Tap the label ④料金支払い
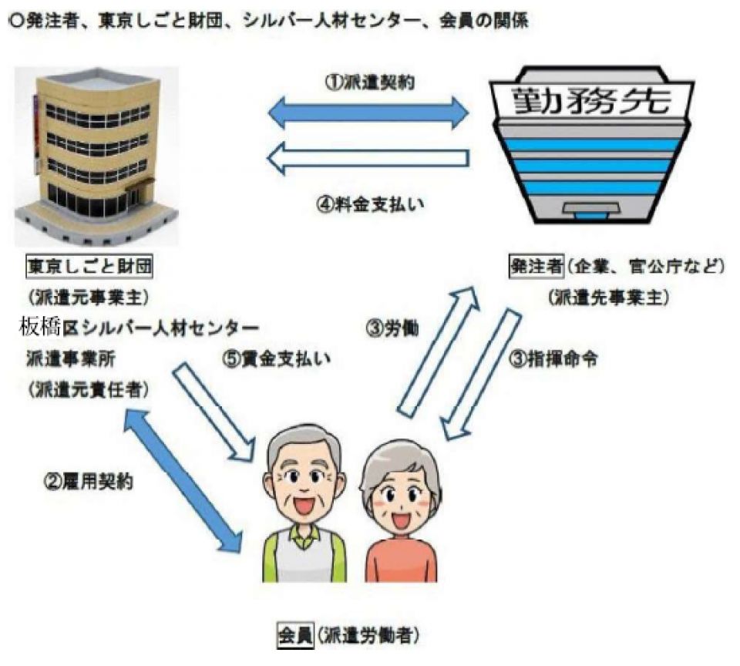pos(368,206)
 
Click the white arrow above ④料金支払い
pos(368,158)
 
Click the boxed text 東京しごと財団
pos(89,267)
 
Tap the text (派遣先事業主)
pos(607,297)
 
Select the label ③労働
pos(392,328)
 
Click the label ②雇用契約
pos(89,483)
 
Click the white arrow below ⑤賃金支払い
pos(215,406)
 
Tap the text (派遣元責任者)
pos(89,388)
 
